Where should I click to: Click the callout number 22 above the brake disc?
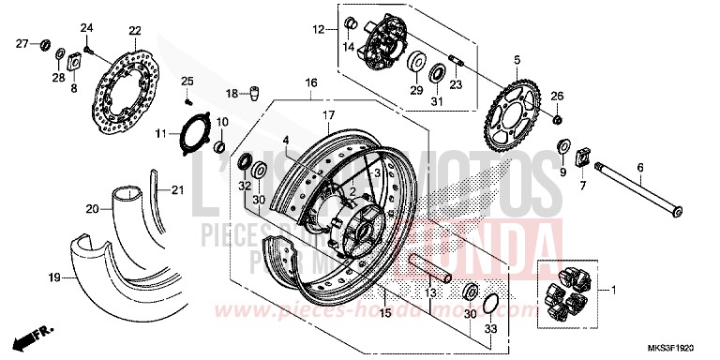[x=133, y=31]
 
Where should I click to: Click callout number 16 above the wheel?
[x=309, y=82]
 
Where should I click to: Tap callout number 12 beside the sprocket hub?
[x=318, y=30]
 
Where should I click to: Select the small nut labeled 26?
[x=557, y=121]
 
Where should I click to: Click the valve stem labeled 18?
[x=252, y=92]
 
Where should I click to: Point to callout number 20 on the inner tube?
[x=92, y=209]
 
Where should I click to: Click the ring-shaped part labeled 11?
[x=194, y=137]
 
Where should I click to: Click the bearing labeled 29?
[x=412, y=65]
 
